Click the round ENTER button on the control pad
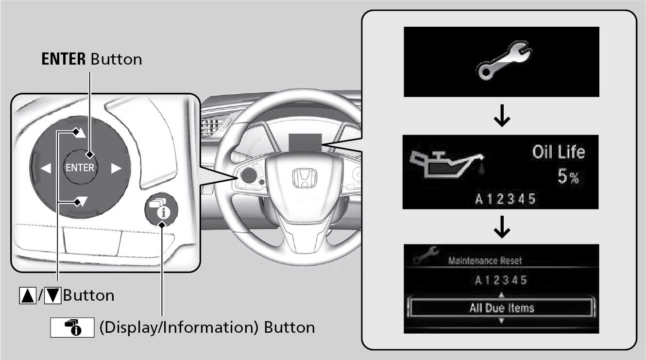(x=80, y=167)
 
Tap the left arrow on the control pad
(x=46, y=168)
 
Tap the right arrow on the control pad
(x=116, y=169)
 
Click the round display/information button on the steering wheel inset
(x=161, y=209)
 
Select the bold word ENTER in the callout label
(x=64, y=59)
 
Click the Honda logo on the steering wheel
(x=305, y=178)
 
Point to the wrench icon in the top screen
(x=504, y=60)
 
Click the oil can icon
(x=447, y=164)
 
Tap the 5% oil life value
(x=568, y=176)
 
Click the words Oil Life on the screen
(x=559, y=152)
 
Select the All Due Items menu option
(x=502, y=308)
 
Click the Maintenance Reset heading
(x=485, y=261)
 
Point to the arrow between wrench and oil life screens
(x=502, y=116)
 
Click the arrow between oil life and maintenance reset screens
(x=502, y=227)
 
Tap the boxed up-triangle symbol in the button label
(x=28, y=296)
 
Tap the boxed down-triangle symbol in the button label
(x=52, y=296)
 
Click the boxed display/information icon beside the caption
(x=72, y=327)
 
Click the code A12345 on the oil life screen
(x=506, y=199)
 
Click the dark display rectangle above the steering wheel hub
(x=305, y=142)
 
